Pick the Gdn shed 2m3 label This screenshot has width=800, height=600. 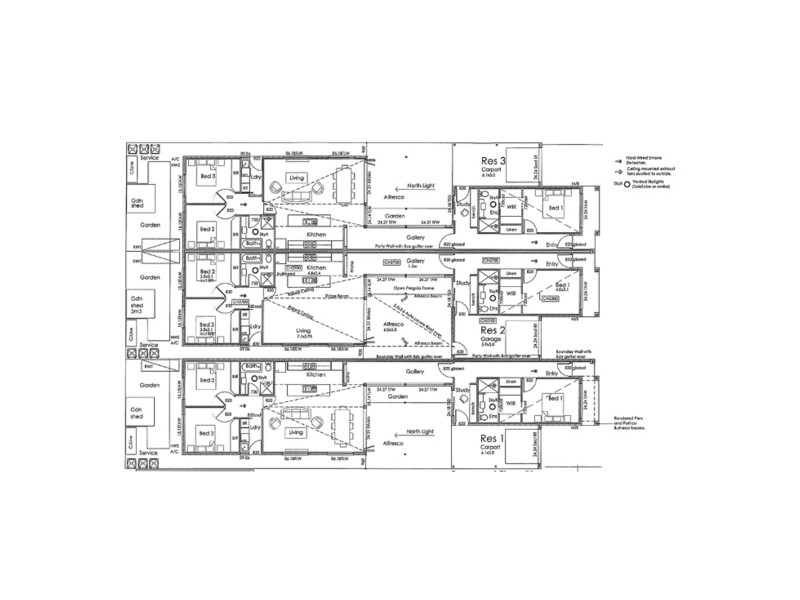tap(135, 305)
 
